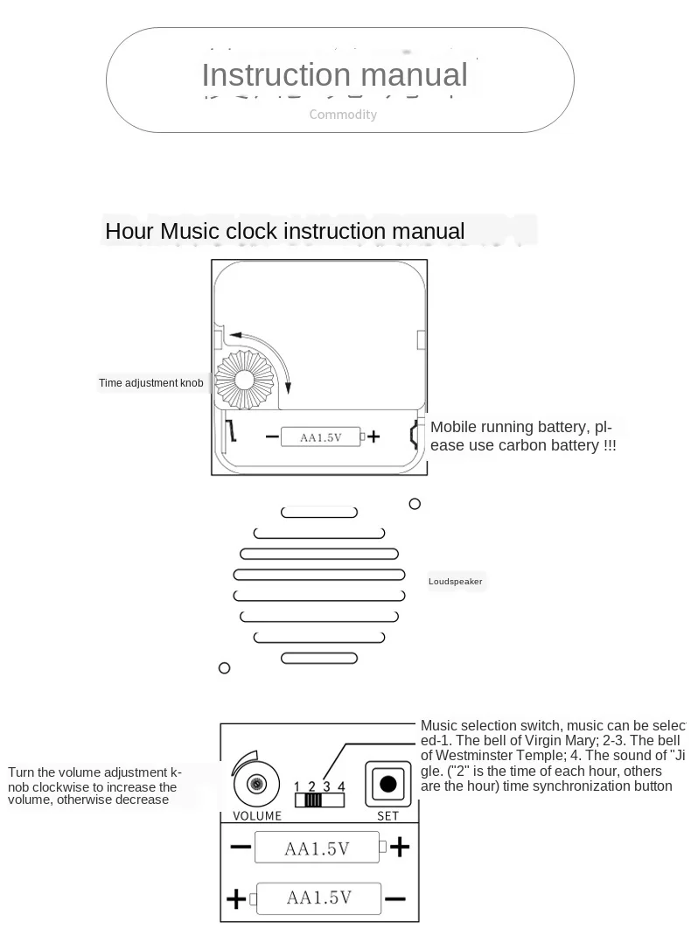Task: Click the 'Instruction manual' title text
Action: (x=334, y=75)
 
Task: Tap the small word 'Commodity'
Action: (x=343, y=115)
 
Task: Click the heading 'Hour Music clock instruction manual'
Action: (x=285, y=232)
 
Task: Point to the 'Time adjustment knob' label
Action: (x=151, y=383)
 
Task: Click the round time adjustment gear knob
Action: (x=244, y=377)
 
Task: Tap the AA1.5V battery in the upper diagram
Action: (x=320, y=437)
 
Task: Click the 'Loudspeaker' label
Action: (x=455, y=582)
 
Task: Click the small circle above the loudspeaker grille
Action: (x=415, y=504)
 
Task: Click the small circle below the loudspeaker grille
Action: (x=225, y=668)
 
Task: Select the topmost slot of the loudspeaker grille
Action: (x=319, y=513)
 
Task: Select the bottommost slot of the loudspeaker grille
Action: (x=319, y=658)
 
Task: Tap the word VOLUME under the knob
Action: (x=257, y=816)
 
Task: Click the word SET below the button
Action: (x=387, y=816)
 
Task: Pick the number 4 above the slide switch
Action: (x=342, y=786)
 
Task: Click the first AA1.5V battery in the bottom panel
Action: (x=317, y=848)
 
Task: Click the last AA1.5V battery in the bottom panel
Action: (x=319, y=898)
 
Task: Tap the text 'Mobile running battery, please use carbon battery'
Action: (x=523, y=436)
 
